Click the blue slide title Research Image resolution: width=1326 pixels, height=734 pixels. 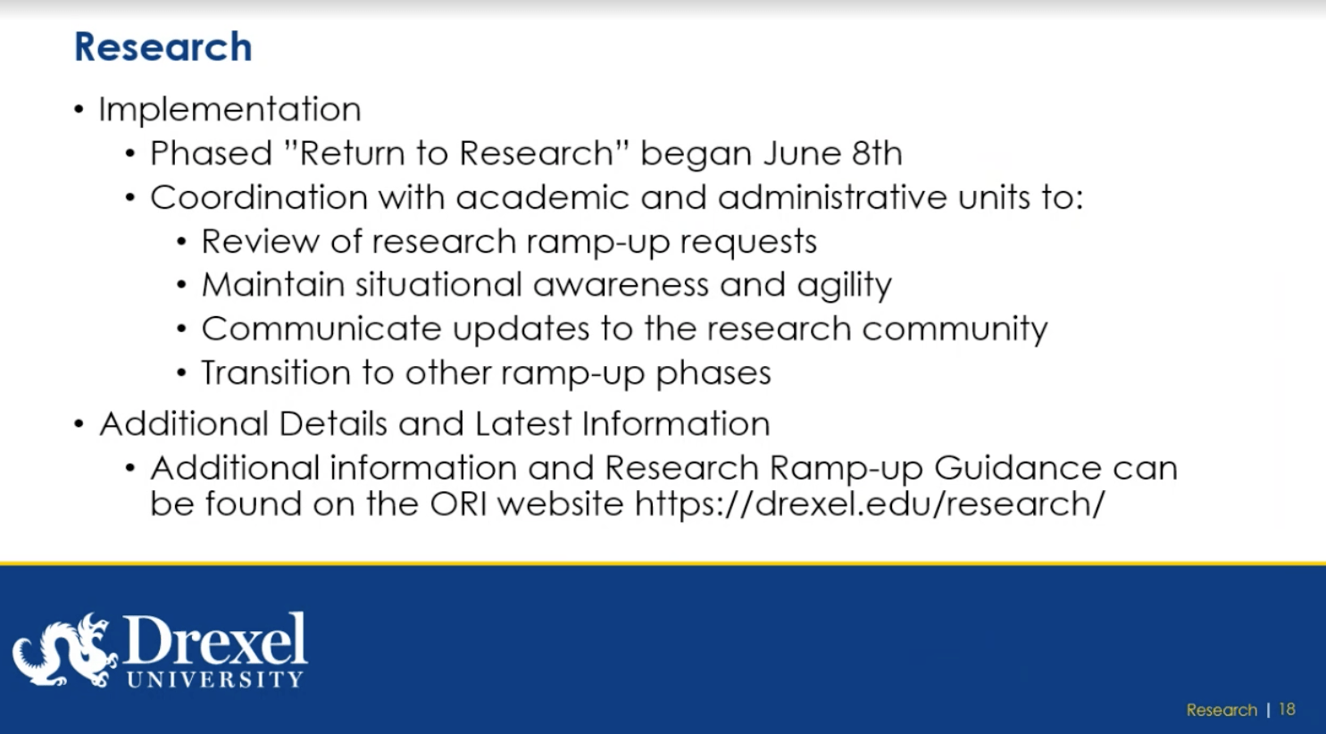pos(163,46)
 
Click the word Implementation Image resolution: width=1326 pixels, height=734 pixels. pos(229,109)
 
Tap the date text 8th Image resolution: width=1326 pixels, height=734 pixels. pos(877,154)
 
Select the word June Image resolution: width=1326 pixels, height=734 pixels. pos(802,154)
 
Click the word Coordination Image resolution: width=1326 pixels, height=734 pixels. pos(259,197)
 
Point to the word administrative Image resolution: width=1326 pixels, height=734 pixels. pos(832,197)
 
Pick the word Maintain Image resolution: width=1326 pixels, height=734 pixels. pos(273,285)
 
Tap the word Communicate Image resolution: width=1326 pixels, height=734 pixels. pos(321,329)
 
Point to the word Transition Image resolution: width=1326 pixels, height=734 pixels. pos(277,372)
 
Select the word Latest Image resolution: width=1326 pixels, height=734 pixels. pos(523,424)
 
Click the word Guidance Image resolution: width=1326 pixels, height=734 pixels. pos(1018,468)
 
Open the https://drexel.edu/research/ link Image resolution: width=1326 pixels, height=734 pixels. pos(871,505)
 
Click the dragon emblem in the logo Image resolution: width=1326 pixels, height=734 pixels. pos(65,650)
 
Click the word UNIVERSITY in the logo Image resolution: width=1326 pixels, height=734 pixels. pos(215,679)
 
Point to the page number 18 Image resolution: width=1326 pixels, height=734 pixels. pos(1287,709)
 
